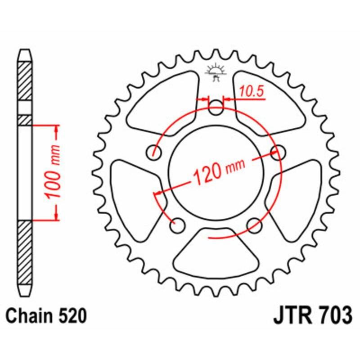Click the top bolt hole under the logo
[216, 107]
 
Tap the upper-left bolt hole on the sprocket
[156, 152]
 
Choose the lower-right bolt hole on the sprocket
[255, 224]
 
